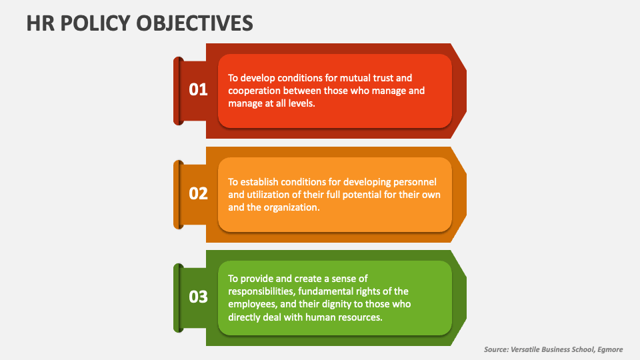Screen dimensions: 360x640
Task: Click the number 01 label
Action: coord(199,89)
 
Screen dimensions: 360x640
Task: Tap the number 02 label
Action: coord(199,193)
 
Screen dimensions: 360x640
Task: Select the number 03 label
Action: coord(199,297)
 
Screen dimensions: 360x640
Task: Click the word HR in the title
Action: coord(39,23)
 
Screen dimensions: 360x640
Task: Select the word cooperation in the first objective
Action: coord(254,91)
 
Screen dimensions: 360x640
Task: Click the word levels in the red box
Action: coord(299,104)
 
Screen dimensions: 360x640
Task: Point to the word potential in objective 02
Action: coord(369,194)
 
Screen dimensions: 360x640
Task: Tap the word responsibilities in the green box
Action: coord(260,291)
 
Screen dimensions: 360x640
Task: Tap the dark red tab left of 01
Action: coord(178,91)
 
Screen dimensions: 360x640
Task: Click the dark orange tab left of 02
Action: coord(178,194)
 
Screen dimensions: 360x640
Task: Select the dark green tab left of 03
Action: coord(178,297)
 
